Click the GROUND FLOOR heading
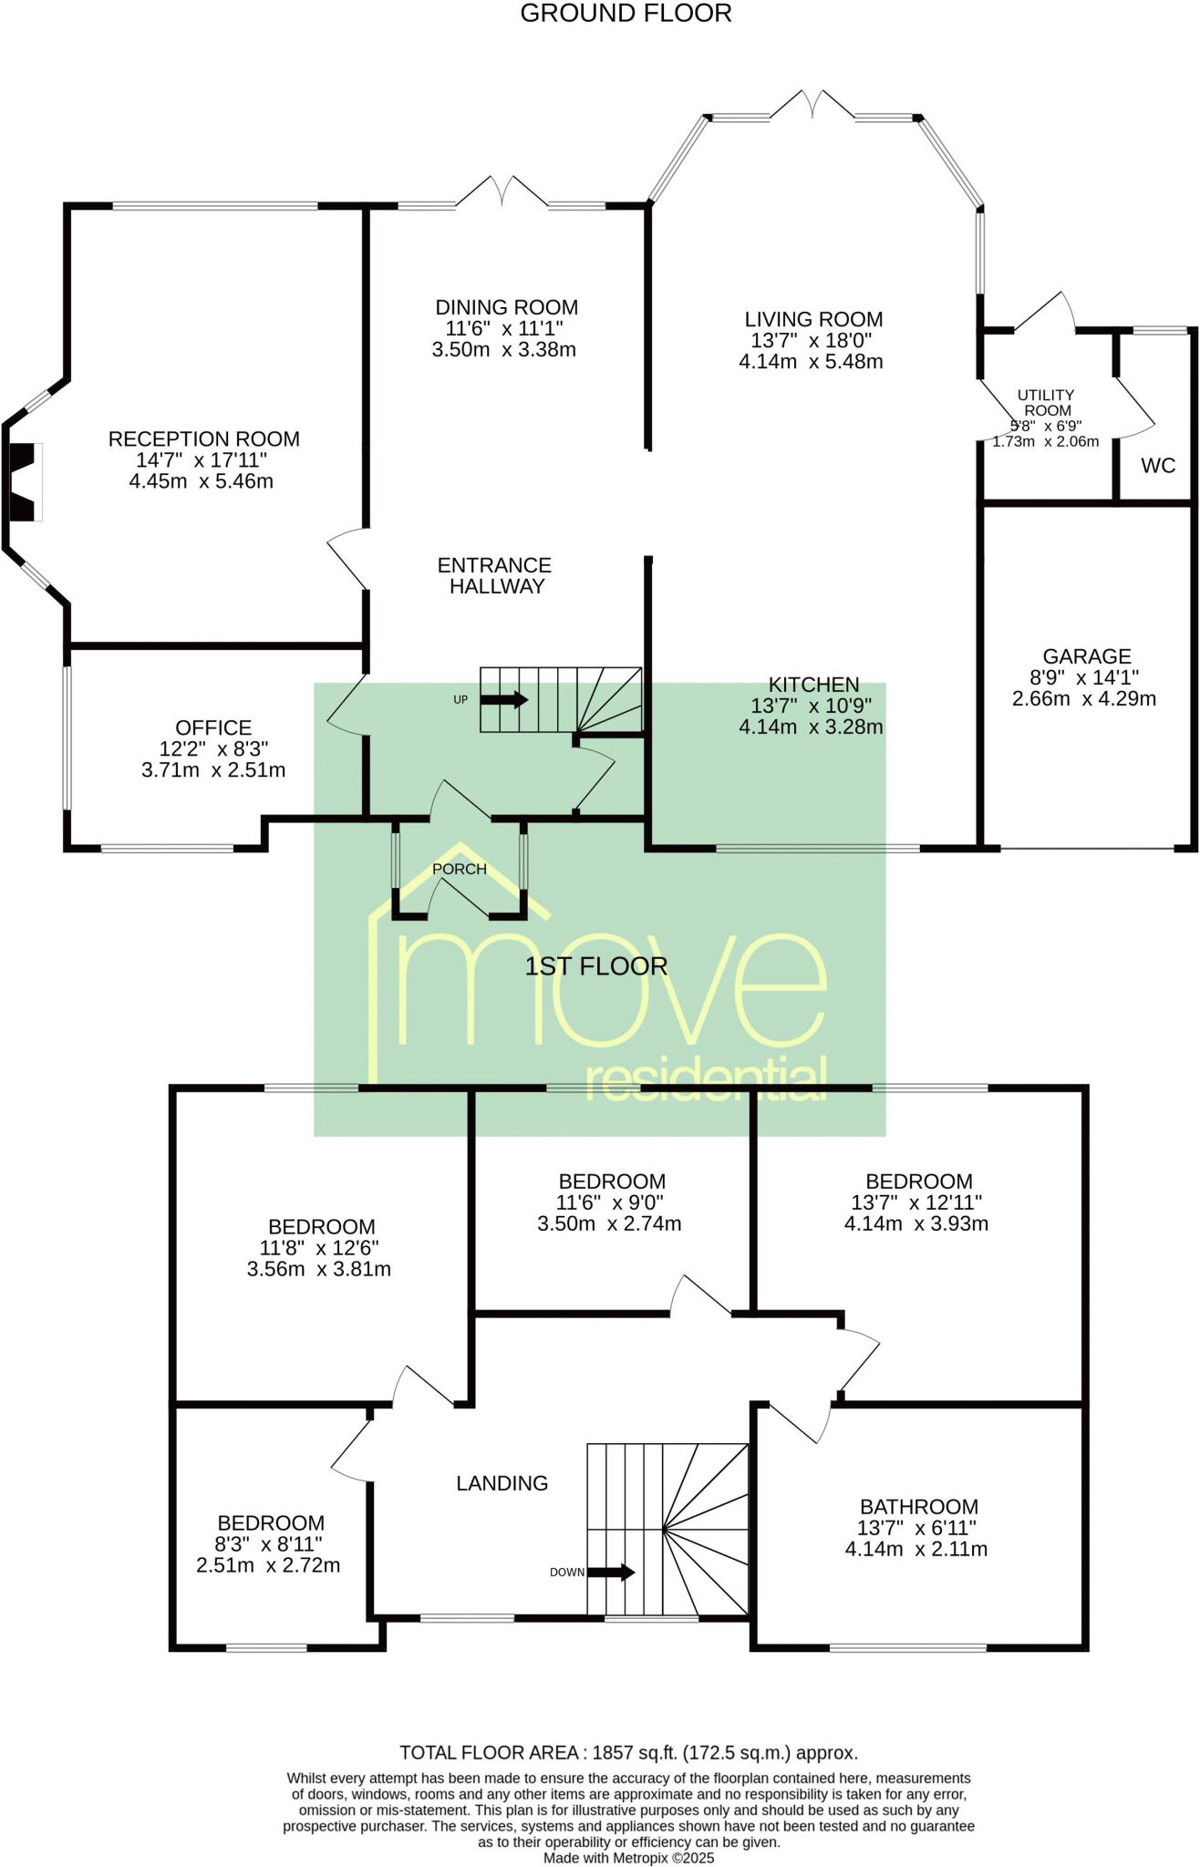pyautogui.click(x=626, y=14)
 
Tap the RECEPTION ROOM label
pyautogui.click(x=203, y=438)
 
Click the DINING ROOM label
pyautogui.click(x=506, y=307)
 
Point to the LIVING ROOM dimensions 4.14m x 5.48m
pyautogui.click(x=811, y=361)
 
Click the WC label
pyautogui.click(x=1158, y=466)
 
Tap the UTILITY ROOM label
pyautogui.click(x=1046, y=402)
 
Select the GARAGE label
pyautogui.click(x=1086, y=656)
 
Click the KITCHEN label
pyautogui.click(x=813, y=685)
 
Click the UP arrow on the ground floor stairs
pyautogui.click(x=503, y=700)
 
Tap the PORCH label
pyautogui.click(x=459, y=869)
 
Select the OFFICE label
pyautogui.click(x=213, y=727)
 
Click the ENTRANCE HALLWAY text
pyautogui.click(x=494, y=575)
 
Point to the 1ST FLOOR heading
pyautogui.click(x=595, y=966)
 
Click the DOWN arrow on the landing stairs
pyautogui.click(x=610, y=1572)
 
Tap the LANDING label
pyautogui.click(x=502, y=1483)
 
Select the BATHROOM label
pyautogui.click(x=918, y=1507)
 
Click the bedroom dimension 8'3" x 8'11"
pyautogui.click(x=270, y=1544)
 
